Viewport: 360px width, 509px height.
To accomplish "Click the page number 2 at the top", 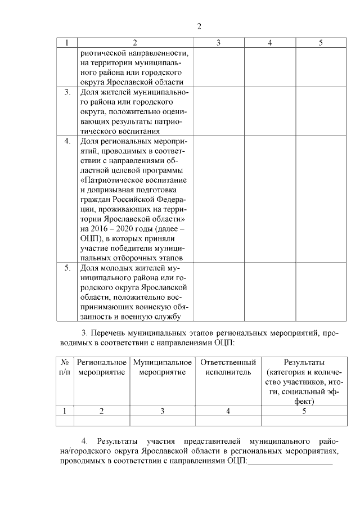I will click(x=199, y=26).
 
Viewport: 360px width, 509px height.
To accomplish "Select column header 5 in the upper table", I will click(x=321, y=43).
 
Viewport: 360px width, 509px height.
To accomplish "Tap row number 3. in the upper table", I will click(x=67, y=92).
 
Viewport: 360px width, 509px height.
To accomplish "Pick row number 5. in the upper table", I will click(x=67, y=268).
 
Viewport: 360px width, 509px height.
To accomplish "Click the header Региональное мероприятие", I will click(x=102, y=367).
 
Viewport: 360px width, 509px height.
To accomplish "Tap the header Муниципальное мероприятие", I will click(x=163, y=367).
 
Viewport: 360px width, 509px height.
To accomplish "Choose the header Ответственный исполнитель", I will click(x=228, y=367).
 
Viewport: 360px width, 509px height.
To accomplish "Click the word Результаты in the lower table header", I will click(x=304, y=362).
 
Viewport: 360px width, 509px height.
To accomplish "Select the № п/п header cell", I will click(x=65, y=367).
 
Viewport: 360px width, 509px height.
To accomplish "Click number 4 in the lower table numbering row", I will click(x=228, y=411).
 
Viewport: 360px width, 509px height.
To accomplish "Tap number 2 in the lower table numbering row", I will click(x=102, y=411).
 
